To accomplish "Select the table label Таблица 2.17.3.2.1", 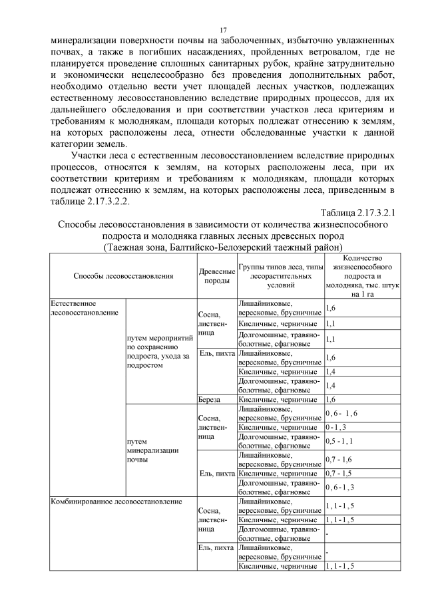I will point(358,214).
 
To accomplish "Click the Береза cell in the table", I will point(210,400).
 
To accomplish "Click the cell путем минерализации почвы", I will point(150,450).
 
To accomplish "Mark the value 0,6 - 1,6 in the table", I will point(342,414).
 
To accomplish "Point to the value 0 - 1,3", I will point(339,426).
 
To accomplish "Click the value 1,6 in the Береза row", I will point(331,400).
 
